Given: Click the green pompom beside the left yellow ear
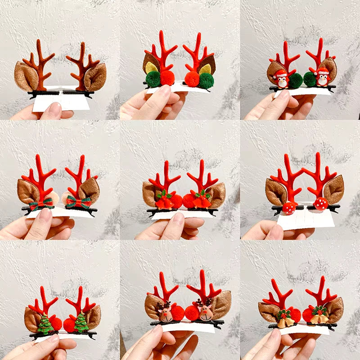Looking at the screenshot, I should tap(153, 79).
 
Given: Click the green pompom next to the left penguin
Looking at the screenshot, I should tap(296, 80).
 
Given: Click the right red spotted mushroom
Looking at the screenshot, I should tap(320, 203).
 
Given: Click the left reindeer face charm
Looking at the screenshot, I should tap(165, 311).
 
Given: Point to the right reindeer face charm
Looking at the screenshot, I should tap(205, 311).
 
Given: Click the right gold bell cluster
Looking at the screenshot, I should tap(319, 317).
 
